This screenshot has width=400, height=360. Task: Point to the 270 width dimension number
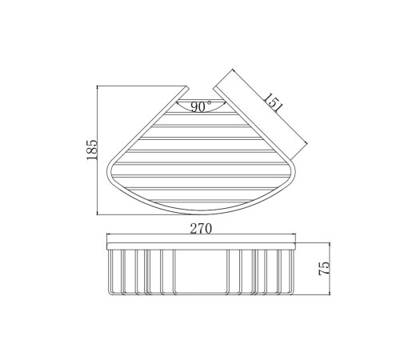pos(201,229)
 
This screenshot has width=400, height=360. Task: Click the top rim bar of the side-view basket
pos(201,243)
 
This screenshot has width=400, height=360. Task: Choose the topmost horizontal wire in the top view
pos(200,117)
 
